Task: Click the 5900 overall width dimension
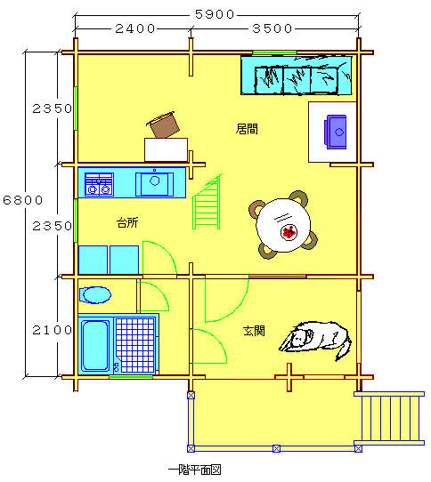tap(215, 14)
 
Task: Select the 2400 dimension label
tap(134, 28)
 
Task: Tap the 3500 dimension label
tap(272, 28)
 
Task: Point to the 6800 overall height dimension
tap(22, 200)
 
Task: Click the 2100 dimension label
tap(52, 330)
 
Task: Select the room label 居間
tap(247, 129)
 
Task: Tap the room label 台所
tap(127, 222)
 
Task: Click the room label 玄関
tap(254, 331)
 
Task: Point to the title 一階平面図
tap(194, 470)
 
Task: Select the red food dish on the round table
tap(289, 232)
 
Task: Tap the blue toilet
tap(95, 295)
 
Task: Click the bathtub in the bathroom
tap(95, 345)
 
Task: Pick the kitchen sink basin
tap(155, 184)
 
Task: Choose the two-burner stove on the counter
tap(99, 184)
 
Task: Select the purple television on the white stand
tap(335, 132)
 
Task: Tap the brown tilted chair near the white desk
tap(163, 125)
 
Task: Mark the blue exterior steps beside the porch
tap(389, 418)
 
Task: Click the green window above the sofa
tap(274, 52)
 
